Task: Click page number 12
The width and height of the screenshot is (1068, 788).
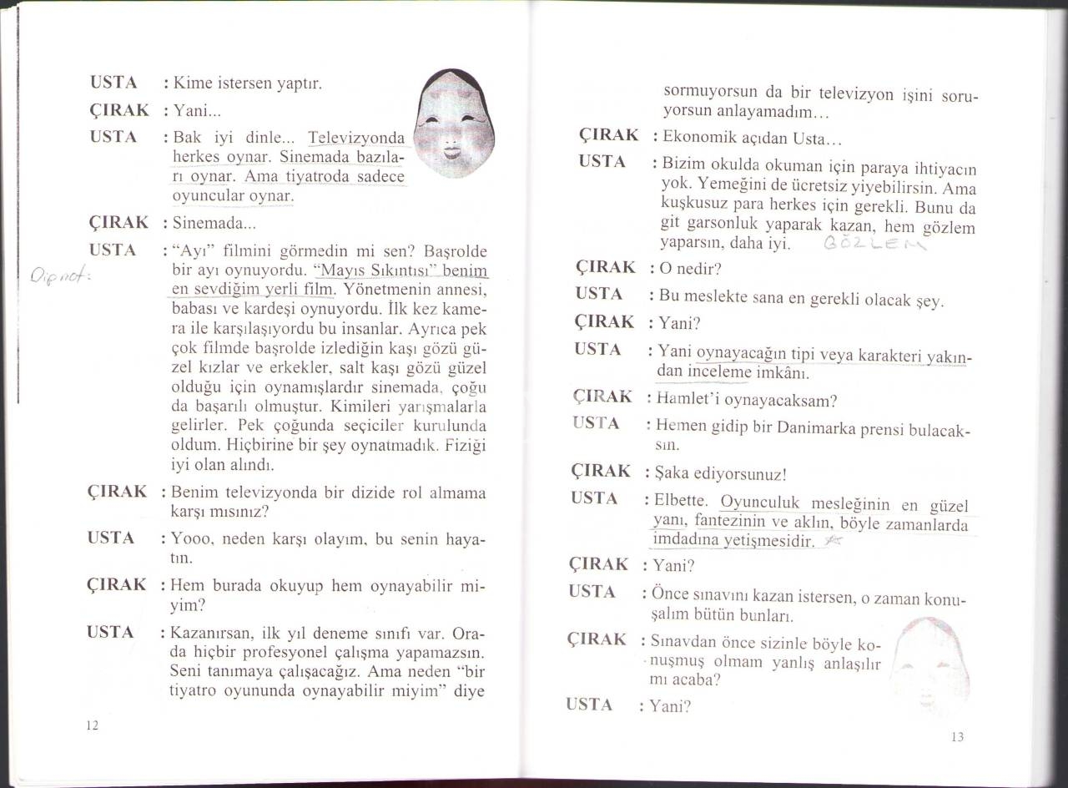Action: coord(93,725)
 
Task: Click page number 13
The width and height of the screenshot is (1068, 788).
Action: coord(957,736)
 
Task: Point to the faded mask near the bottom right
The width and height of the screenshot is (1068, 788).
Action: coord(929,664)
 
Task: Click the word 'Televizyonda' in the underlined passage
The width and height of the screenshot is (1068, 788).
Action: coord(355,138)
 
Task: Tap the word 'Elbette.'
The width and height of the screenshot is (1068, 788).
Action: coord(681,502)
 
